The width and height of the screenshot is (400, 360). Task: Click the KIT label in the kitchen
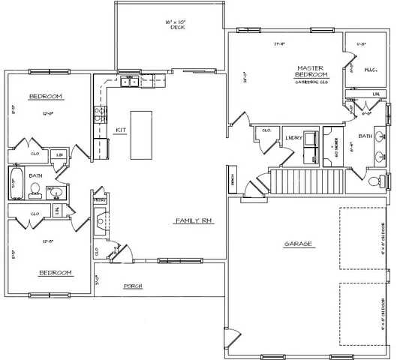point(119,130)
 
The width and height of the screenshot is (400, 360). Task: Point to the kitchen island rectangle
point(142,135)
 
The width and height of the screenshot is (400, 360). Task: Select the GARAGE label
point(298,244)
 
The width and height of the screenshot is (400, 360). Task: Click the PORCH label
point(133,286)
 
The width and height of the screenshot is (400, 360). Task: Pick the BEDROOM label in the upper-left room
point(45,97)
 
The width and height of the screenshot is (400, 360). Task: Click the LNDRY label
point(293,138)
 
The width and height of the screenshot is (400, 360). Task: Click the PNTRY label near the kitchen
point(99,200)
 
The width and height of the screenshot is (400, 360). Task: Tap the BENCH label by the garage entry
point(233,182)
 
